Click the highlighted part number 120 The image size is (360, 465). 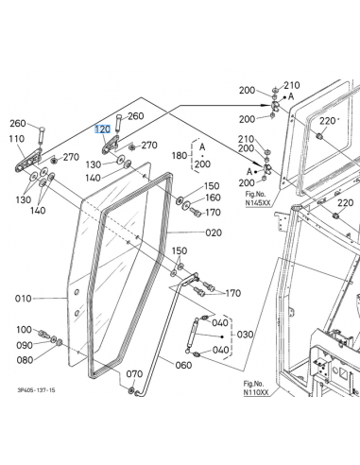pos(103,129)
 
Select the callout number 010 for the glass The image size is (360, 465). pos(24,299)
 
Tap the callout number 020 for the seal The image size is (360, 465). pos(214,232)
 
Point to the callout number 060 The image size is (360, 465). pos(183,365)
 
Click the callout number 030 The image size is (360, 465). pos(245,335)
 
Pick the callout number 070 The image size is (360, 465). pos(134,374)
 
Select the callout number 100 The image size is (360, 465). pos(25,330)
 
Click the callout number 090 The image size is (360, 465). pos(25,345)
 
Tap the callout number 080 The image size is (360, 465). pos(25,360)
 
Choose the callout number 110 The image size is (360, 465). pos(17,139)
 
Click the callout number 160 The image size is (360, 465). pos(213,198)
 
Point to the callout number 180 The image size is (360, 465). pos(180,155)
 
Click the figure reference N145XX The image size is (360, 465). pos(258,203)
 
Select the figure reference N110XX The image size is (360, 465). pos(256,392)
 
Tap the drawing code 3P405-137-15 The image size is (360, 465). pos(36,390)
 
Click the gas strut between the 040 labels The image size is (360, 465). pos(192,336)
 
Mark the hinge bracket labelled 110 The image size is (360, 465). pos(28,160)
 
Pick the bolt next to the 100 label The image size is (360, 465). pos(43,335)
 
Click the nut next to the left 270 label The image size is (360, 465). pos(55,161)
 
